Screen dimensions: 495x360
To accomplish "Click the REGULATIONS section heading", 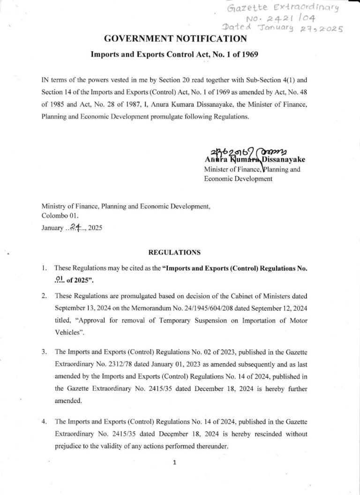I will coord(174,253).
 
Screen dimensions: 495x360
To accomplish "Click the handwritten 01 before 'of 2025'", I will coord(60,279).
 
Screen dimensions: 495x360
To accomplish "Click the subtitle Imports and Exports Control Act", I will coord(174,54).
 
